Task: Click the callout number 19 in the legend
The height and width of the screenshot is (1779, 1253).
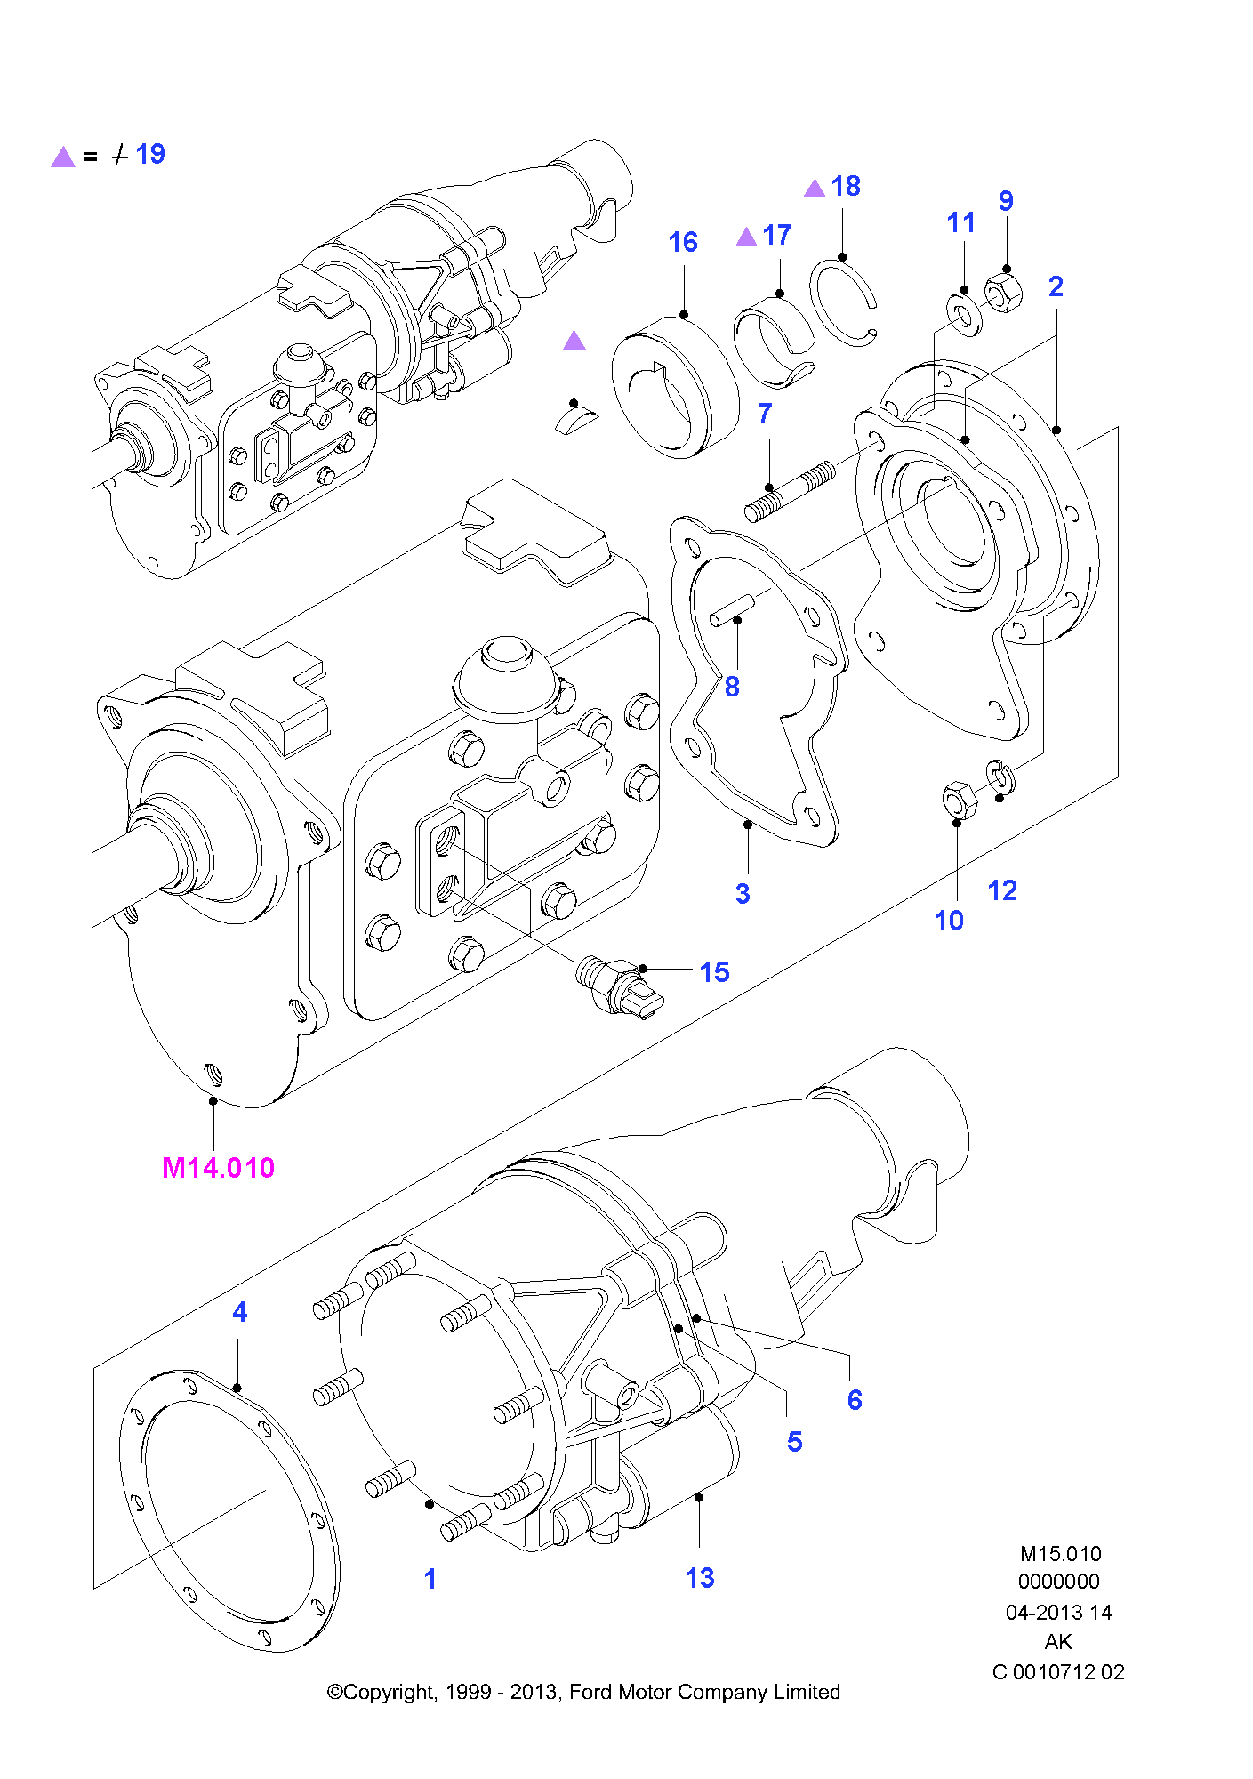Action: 150,154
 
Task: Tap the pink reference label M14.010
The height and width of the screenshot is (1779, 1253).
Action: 218,1167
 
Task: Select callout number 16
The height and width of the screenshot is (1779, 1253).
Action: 683,242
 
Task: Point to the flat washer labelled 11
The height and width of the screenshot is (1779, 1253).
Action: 963,315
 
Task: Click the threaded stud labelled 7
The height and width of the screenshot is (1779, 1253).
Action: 790,492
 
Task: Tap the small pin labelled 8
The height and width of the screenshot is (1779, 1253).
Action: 732,611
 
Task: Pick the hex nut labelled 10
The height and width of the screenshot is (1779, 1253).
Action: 960,800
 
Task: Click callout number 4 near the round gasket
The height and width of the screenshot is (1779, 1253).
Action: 239,1312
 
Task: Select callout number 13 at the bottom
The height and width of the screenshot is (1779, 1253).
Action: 700,1578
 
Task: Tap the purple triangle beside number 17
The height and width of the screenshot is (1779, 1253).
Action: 747,237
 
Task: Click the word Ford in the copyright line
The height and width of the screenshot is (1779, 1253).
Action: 590,1692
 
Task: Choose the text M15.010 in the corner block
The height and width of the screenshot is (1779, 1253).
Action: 1060,1554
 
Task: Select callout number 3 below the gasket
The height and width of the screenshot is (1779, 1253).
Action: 743,894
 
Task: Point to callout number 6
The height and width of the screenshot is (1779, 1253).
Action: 855,1400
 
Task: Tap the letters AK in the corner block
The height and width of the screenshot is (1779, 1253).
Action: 1058,1642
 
